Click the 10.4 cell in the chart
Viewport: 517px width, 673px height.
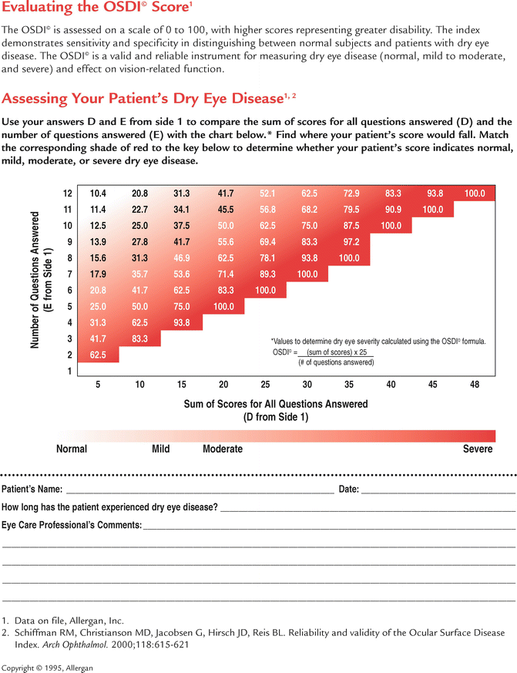[98, 193]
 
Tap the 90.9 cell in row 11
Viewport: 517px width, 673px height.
[391, 209]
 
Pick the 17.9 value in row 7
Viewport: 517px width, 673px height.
[98, 274]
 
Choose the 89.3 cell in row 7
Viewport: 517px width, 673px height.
[266, 274]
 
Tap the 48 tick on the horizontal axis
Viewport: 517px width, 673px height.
[475, 385]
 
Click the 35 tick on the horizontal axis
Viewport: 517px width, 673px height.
[349, 385]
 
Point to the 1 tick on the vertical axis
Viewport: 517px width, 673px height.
[69, 371]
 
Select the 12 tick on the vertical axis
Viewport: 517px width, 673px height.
[68, 193]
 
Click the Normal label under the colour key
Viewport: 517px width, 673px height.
[72, 449]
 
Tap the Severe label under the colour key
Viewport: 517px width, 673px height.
[478, 449]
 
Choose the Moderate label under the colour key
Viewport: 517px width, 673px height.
[223, 449]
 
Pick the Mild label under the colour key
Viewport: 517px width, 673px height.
[161, 449]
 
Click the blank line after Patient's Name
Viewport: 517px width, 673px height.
[200, 490]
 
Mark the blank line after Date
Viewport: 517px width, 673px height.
[438, 490]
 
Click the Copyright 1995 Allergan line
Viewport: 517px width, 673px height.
[47, 667]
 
